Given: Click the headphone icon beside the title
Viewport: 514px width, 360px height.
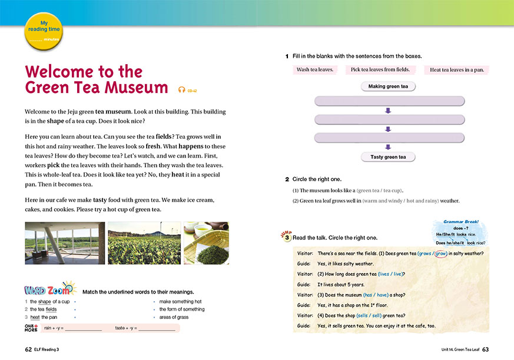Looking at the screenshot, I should (182, 89).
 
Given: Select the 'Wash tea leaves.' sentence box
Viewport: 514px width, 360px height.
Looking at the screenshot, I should (315, 69).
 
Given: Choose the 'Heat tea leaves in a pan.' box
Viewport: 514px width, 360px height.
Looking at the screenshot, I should (457, 70).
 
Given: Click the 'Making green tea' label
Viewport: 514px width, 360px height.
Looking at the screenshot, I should (388, 86).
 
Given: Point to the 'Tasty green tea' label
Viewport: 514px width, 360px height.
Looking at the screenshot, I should (388, 157).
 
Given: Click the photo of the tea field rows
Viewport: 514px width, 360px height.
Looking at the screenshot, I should (144, 243).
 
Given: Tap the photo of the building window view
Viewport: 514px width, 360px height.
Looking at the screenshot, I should (65, 243).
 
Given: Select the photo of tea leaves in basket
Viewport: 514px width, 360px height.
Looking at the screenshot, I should (205, 243).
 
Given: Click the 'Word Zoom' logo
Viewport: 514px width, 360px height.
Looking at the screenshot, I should (51, 291).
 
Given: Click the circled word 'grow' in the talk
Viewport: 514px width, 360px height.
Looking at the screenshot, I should (439, 254).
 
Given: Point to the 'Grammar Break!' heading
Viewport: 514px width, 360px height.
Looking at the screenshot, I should (460, 222).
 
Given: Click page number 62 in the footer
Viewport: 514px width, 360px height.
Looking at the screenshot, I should (28, 349).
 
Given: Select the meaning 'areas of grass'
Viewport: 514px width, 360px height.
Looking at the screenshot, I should (174, 317).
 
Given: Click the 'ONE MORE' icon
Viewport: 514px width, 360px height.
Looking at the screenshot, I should (31, 327).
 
